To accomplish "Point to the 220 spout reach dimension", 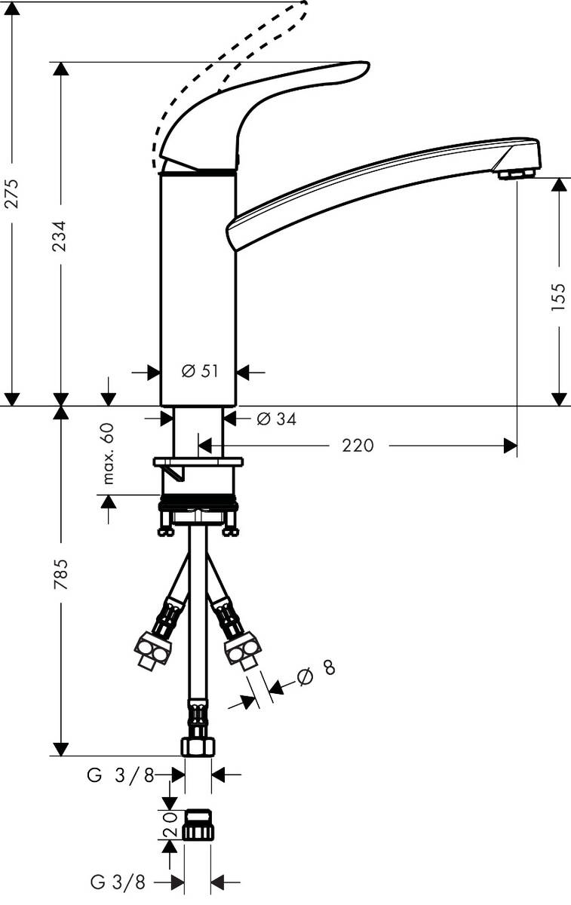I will coord(358,446).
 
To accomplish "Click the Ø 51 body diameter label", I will coord(199,371).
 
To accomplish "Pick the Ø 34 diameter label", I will coord(275,419).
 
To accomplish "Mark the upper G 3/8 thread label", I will coord(121,775).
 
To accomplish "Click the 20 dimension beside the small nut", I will coord(170,826).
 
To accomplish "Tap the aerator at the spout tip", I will coord(515,174).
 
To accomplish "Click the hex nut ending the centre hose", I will coord(198,745).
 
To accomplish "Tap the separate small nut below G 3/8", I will coord(198,826).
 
